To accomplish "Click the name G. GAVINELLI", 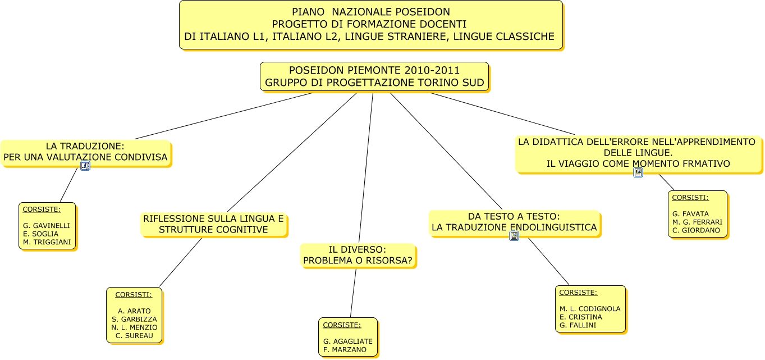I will click(47, 226).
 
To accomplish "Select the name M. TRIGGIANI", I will click(47, 242).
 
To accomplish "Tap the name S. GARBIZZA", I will click(134, 319).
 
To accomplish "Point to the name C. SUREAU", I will click(134, 335).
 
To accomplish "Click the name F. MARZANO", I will click(345, 349).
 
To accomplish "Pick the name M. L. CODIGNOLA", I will click(590, 309).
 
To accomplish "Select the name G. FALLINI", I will click(578, 325).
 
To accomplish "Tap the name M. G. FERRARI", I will click(697, 222).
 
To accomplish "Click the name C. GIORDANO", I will click(696, 230).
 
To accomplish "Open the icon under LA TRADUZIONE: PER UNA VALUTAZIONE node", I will click(85, 166).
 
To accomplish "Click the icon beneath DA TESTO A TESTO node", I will click(514, 236).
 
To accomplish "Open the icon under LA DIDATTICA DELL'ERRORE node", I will click(638, 172).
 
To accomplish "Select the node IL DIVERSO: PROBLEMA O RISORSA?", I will click(358, 255).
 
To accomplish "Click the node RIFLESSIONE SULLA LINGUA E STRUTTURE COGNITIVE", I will click(213, 224).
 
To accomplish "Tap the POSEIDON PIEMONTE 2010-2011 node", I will click(374, 77).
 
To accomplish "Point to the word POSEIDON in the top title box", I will click(426, 12).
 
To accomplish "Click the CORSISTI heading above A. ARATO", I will click(133, 294).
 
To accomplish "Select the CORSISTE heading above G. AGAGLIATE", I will click(342, 325).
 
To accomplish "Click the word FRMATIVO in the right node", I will click(706, 163).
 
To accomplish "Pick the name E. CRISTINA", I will click(580, 317).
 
